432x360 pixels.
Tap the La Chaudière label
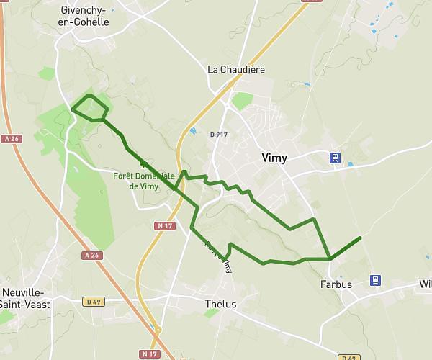(236, 70)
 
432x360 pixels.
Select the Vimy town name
(273, 159)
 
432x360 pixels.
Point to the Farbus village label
(336, 284)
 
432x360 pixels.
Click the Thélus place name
(220, 304)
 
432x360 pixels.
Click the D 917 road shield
(218, 135)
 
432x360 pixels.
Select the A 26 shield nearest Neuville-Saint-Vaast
(91, 255)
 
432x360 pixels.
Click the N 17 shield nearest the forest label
(165, 226)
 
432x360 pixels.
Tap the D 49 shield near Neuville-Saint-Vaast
(91, 301)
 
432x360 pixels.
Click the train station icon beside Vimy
(335, 158)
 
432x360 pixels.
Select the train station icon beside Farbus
(375, 280)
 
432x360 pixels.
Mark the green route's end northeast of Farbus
(359, 237)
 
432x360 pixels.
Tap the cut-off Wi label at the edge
(425, 284)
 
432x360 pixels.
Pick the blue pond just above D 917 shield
(192, 131)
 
